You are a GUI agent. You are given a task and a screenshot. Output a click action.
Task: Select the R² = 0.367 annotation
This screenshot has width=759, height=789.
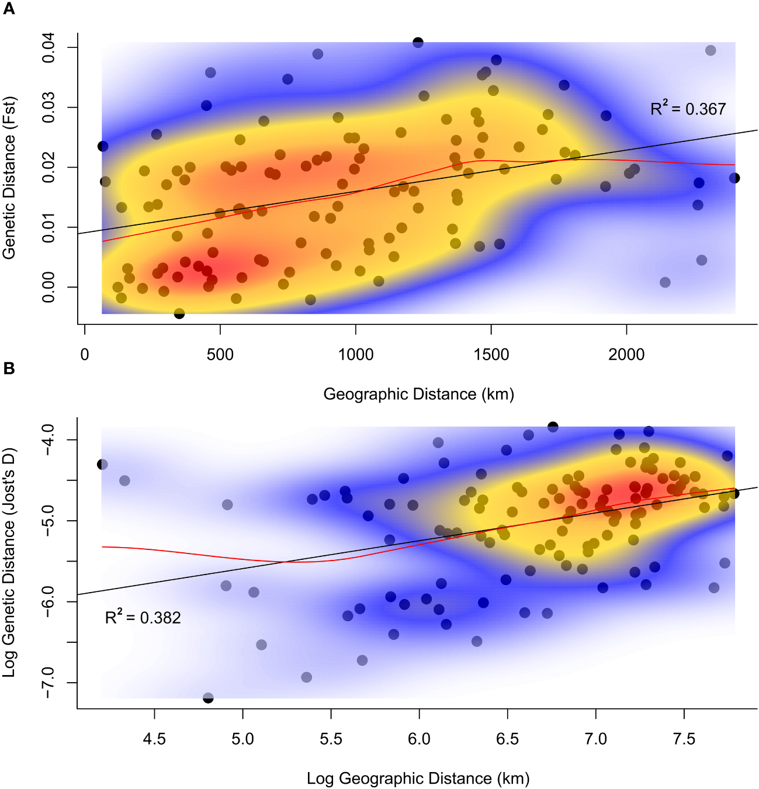click(x=688, y=109)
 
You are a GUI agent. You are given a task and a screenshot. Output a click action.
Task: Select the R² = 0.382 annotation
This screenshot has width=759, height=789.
click(x=143, y=617)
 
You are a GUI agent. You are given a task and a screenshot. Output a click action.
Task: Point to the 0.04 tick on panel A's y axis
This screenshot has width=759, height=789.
click(x=48, y=47)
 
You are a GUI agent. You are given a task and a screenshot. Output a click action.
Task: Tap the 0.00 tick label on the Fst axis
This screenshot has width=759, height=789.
click(x=48, y=287)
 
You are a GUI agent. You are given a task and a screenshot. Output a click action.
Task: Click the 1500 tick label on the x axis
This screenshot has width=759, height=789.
click(x=491, y=355)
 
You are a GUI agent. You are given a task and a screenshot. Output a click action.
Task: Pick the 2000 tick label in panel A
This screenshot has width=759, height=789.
click(x=626, y=355)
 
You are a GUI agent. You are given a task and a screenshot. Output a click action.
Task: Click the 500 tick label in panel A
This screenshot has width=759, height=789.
click(x=220, y=355)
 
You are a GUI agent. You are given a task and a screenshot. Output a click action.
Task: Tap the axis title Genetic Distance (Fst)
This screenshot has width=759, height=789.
click(x=9, y=178)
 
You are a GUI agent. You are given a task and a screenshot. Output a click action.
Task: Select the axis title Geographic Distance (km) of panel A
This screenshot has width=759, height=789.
click(x=418, y=394)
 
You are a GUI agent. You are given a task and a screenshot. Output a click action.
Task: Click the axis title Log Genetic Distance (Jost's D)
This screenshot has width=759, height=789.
click(x=9, y=562)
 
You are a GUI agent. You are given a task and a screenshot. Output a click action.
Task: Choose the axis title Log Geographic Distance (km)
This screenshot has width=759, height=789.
click(x=418, y=778)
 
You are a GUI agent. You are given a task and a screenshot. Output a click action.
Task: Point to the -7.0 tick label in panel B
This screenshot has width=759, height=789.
click(x=48, y=682)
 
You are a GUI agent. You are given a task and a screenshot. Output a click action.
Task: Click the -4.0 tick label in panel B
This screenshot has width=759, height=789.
click(x=48, y=440)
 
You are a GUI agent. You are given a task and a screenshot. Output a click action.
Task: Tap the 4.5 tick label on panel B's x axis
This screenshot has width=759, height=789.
click(x=154, y=739)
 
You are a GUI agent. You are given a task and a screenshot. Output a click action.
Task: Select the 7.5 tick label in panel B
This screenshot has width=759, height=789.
click(x=684, y=739)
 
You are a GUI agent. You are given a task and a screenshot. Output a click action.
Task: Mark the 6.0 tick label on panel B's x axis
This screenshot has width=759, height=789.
click(x=419, y=739)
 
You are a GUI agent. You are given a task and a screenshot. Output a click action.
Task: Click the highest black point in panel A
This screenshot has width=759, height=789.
click(x=418, y=42)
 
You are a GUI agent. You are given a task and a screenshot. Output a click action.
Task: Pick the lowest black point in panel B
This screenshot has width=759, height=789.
click(x=208, y=698)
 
